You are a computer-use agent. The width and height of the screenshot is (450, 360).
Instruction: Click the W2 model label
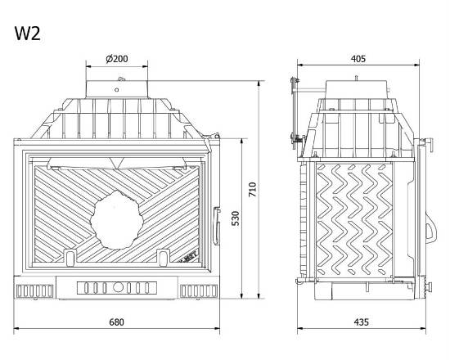coord(28,34)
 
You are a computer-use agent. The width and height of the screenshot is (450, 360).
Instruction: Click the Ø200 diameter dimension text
coord(117,59)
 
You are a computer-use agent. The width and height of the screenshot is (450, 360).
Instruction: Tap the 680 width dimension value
coord(116,322)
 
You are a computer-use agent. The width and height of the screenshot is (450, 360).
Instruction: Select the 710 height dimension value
coord(252,190)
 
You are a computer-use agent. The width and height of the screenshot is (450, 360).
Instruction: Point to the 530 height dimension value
coord(236,218)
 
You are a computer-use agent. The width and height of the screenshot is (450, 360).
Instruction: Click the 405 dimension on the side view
coord(358,59)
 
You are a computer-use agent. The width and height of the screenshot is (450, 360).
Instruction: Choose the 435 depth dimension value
coord(361,322)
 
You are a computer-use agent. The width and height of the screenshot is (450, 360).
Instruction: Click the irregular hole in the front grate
coord(117,220)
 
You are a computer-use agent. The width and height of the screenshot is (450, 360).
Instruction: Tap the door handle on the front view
coord(217,226)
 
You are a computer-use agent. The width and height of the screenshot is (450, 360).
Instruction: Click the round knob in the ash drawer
coord(117,287)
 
